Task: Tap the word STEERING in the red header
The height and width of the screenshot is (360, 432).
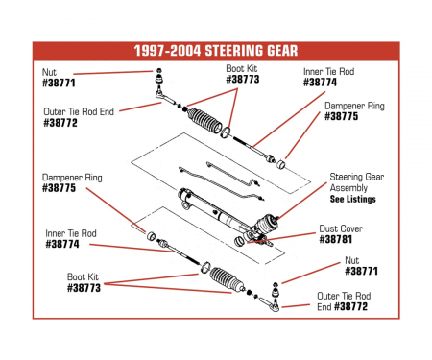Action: point(238,50)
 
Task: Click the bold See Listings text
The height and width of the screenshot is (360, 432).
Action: point(352,199)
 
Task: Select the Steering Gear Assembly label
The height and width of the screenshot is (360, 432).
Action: point(357,182)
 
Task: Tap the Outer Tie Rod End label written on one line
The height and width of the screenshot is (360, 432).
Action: point(78,111)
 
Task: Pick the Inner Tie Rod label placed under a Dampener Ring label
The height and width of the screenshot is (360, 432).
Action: point(70,232)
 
